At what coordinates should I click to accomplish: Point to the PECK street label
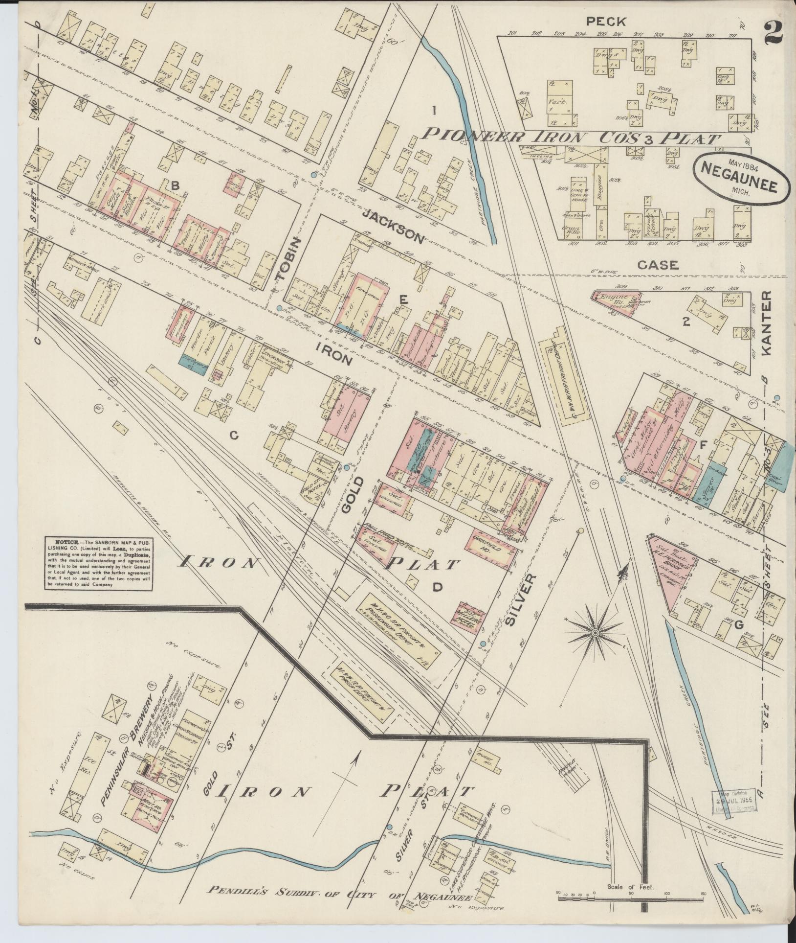606,21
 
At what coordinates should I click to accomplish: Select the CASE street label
658,265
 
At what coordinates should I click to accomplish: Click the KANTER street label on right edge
766,323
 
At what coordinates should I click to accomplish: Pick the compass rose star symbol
595,633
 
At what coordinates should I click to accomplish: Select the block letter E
403,302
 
